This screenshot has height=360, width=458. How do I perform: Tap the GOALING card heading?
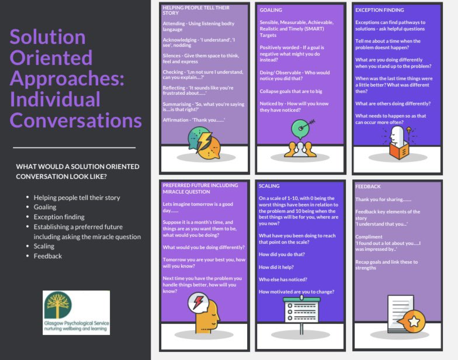(270, 10)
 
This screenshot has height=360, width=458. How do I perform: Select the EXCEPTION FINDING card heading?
(379, 10)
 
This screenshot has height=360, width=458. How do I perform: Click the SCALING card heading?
(270, 186)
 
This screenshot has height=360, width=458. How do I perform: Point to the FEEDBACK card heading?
(368, 186)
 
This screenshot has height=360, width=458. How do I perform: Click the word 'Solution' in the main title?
(48, 38)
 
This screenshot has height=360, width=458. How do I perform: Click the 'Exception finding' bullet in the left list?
(59, 217)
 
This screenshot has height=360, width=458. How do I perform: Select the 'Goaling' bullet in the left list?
(45, 207)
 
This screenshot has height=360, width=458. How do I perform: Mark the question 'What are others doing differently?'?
(393, 103)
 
